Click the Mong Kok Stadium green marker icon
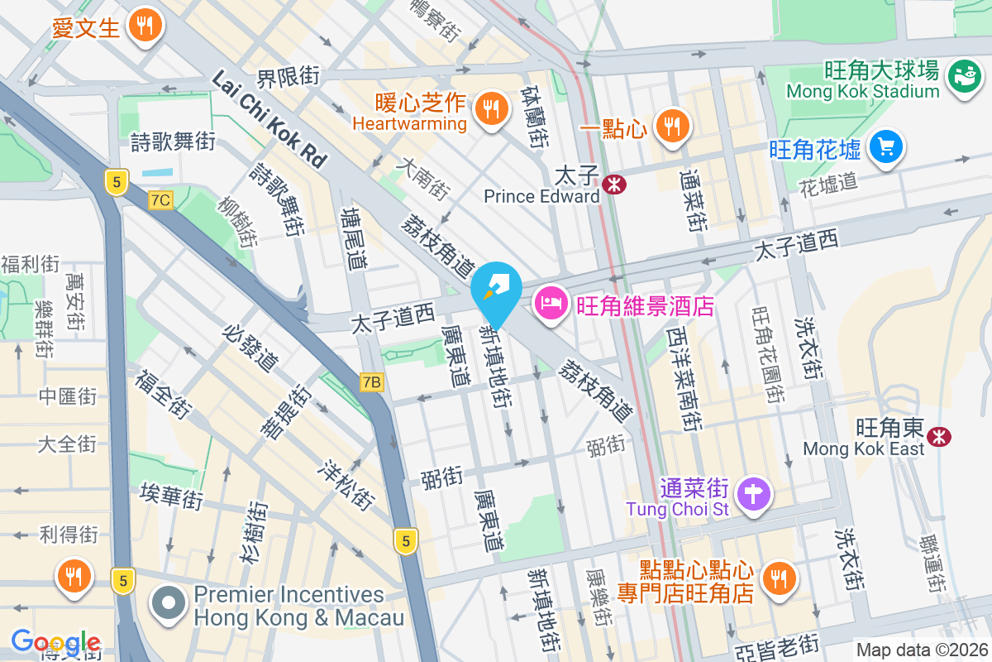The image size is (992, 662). tap(963, 76)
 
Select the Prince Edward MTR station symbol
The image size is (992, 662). tap(613, 185)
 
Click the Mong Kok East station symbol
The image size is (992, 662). tap(938, 436)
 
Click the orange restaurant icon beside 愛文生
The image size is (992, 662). tap(145, 26)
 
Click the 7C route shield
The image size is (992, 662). tap(161, 199)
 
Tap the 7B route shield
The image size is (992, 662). tap(373, 381)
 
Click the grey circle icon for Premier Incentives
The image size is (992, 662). tap(169, 605)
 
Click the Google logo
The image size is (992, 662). tap(56, 641)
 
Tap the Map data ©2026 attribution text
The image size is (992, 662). tap(922, 650)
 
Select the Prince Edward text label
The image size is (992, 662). tap(541, 197)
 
